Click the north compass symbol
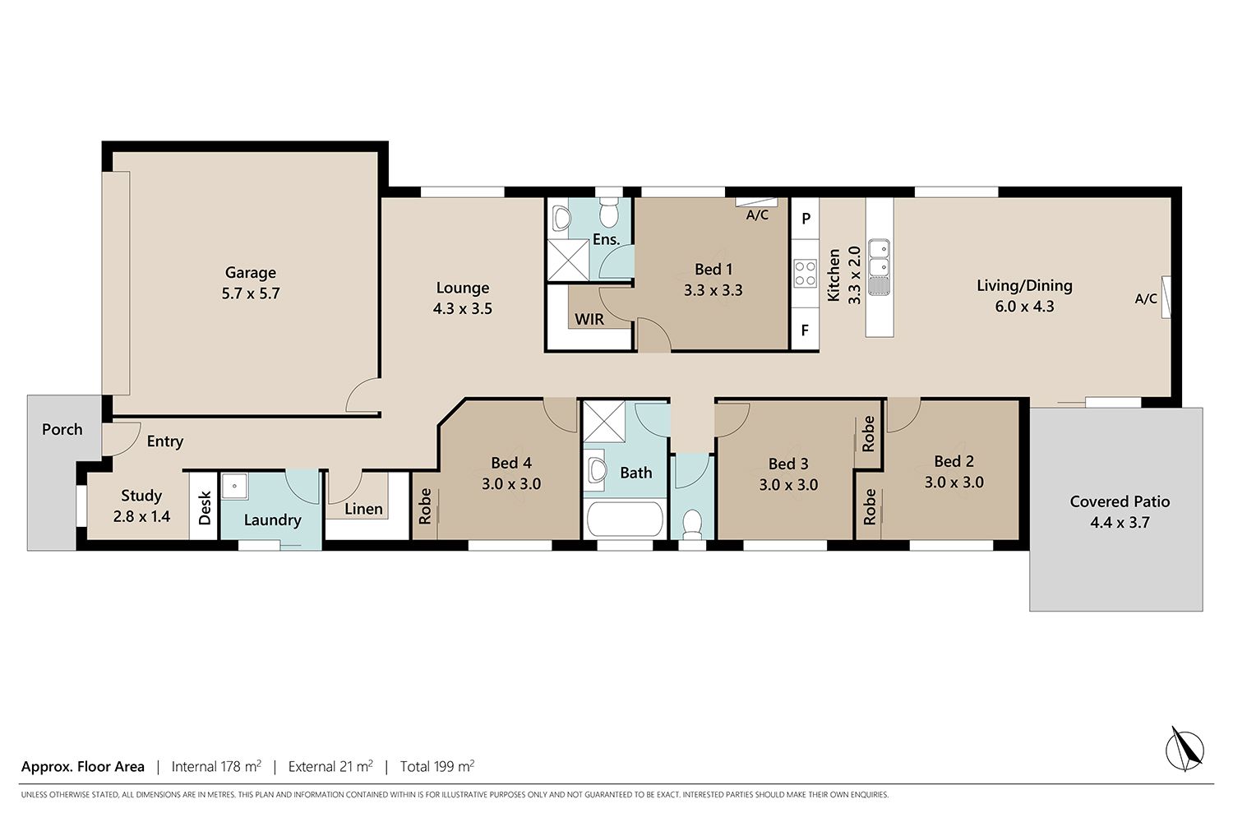pyautogui.click(x=1185, y=750)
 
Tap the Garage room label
pyautogui.click(x=251, y=273)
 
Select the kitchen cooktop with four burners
pyautogui.click(x=805, y=274)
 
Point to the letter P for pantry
pyautogui.click(x=806, y=219)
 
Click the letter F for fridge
pyautogui.click(x=805, y=330)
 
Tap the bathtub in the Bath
pyautogui.click(x=625, y=520)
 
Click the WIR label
pyautogui.click(x=589, y=319)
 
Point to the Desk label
pyautogui.click(x=205, y=508)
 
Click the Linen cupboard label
pyautogui.click(x=363, y=510)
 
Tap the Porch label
pyautogui.click(x=62, y=429)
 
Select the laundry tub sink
pyautogui.click(x=234, y=487)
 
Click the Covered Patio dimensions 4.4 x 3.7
pyautogui.click(x=1120, y=522)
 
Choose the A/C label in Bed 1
pyautogui.click(x=757, y=215)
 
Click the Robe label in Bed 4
pyautogui.click(x=425, y=506)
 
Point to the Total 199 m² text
pyautogui.click(x=437, y=766)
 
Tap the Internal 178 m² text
pyautogui.click(x=216, y=766)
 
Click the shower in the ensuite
pyautogui.click(x=568, y=260)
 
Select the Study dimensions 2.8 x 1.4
pyautogui.click(x=141, y=516)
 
